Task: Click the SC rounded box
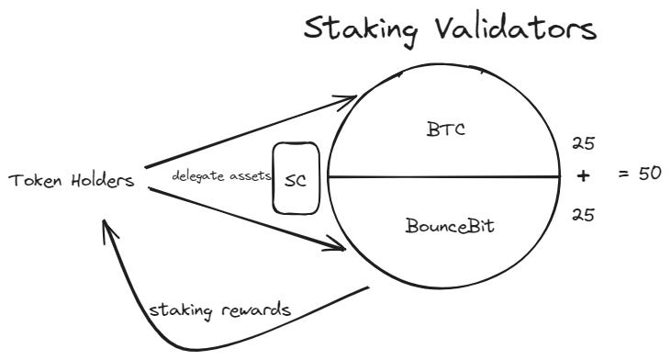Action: coord(295,178)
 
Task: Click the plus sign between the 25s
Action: coord(579,176)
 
